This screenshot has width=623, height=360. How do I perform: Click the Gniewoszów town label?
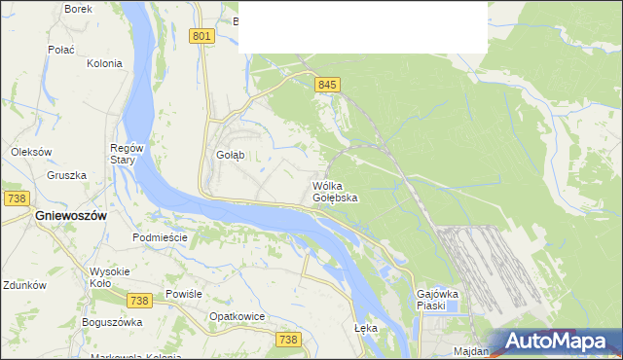tap(70, 215)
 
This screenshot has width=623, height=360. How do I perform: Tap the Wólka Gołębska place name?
tap(335, 192)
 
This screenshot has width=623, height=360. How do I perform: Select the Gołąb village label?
tap(229, 155)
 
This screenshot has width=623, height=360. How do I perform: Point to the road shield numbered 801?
tap(202, 36)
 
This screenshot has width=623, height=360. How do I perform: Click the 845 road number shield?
tap(327, 86)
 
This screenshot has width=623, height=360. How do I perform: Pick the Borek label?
tap(78, 9)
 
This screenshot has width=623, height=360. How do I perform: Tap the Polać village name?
tap(62, 48)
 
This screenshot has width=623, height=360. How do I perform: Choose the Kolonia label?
tap(104, 63)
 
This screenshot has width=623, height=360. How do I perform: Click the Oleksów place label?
tap(30, 152)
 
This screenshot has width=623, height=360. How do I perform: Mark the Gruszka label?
tap(66, 176)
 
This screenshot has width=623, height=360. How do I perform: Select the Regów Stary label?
tap(127, 154)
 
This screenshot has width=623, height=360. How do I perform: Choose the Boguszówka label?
tap(112, 322)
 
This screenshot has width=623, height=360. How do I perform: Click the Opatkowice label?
tap(238, 317)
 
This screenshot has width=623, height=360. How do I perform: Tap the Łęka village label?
tap(366, 328)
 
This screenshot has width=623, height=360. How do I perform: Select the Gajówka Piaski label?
tap(436, 299)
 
